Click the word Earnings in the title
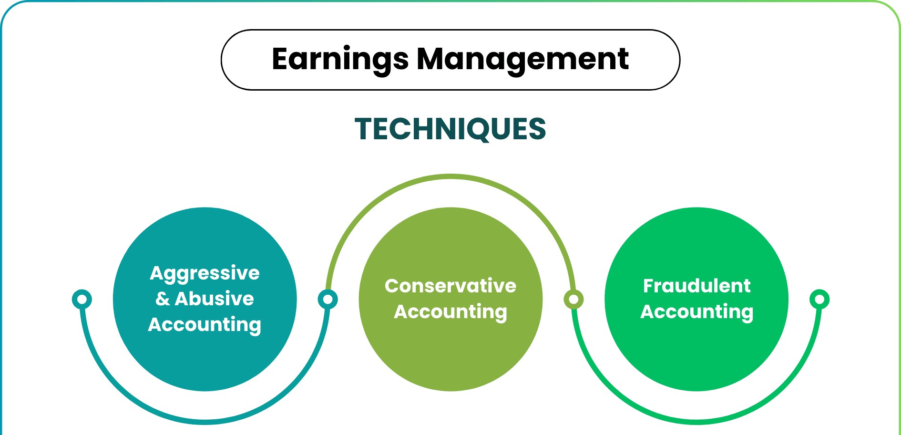(340, 60)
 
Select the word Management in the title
(522, 60)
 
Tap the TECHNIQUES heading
(450, 129)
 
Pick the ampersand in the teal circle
(163, 299)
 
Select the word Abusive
(215, 299)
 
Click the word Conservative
(450, 286)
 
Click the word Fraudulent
(696, 286)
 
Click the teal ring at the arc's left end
(82, 299)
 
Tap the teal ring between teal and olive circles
(328, 299)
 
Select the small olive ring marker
(573, 299)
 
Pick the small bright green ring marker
(819, 299)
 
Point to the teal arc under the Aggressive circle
(205, 422)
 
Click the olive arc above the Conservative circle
(450, 176)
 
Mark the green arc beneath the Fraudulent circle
(696, 422)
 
